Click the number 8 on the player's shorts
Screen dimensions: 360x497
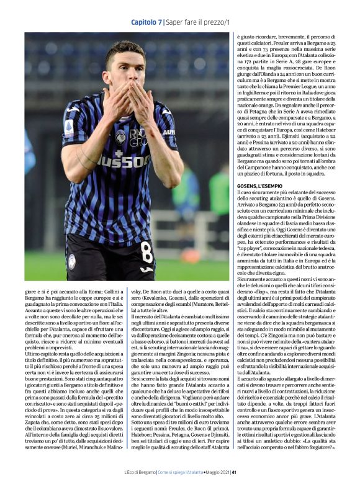pyautogui.click(x=146, y=253)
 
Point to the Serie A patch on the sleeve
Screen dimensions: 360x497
pyautogui.click(x=68, y=128)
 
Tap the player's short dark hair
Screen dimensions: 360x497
pyautogui.click(x=124, y=49)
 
